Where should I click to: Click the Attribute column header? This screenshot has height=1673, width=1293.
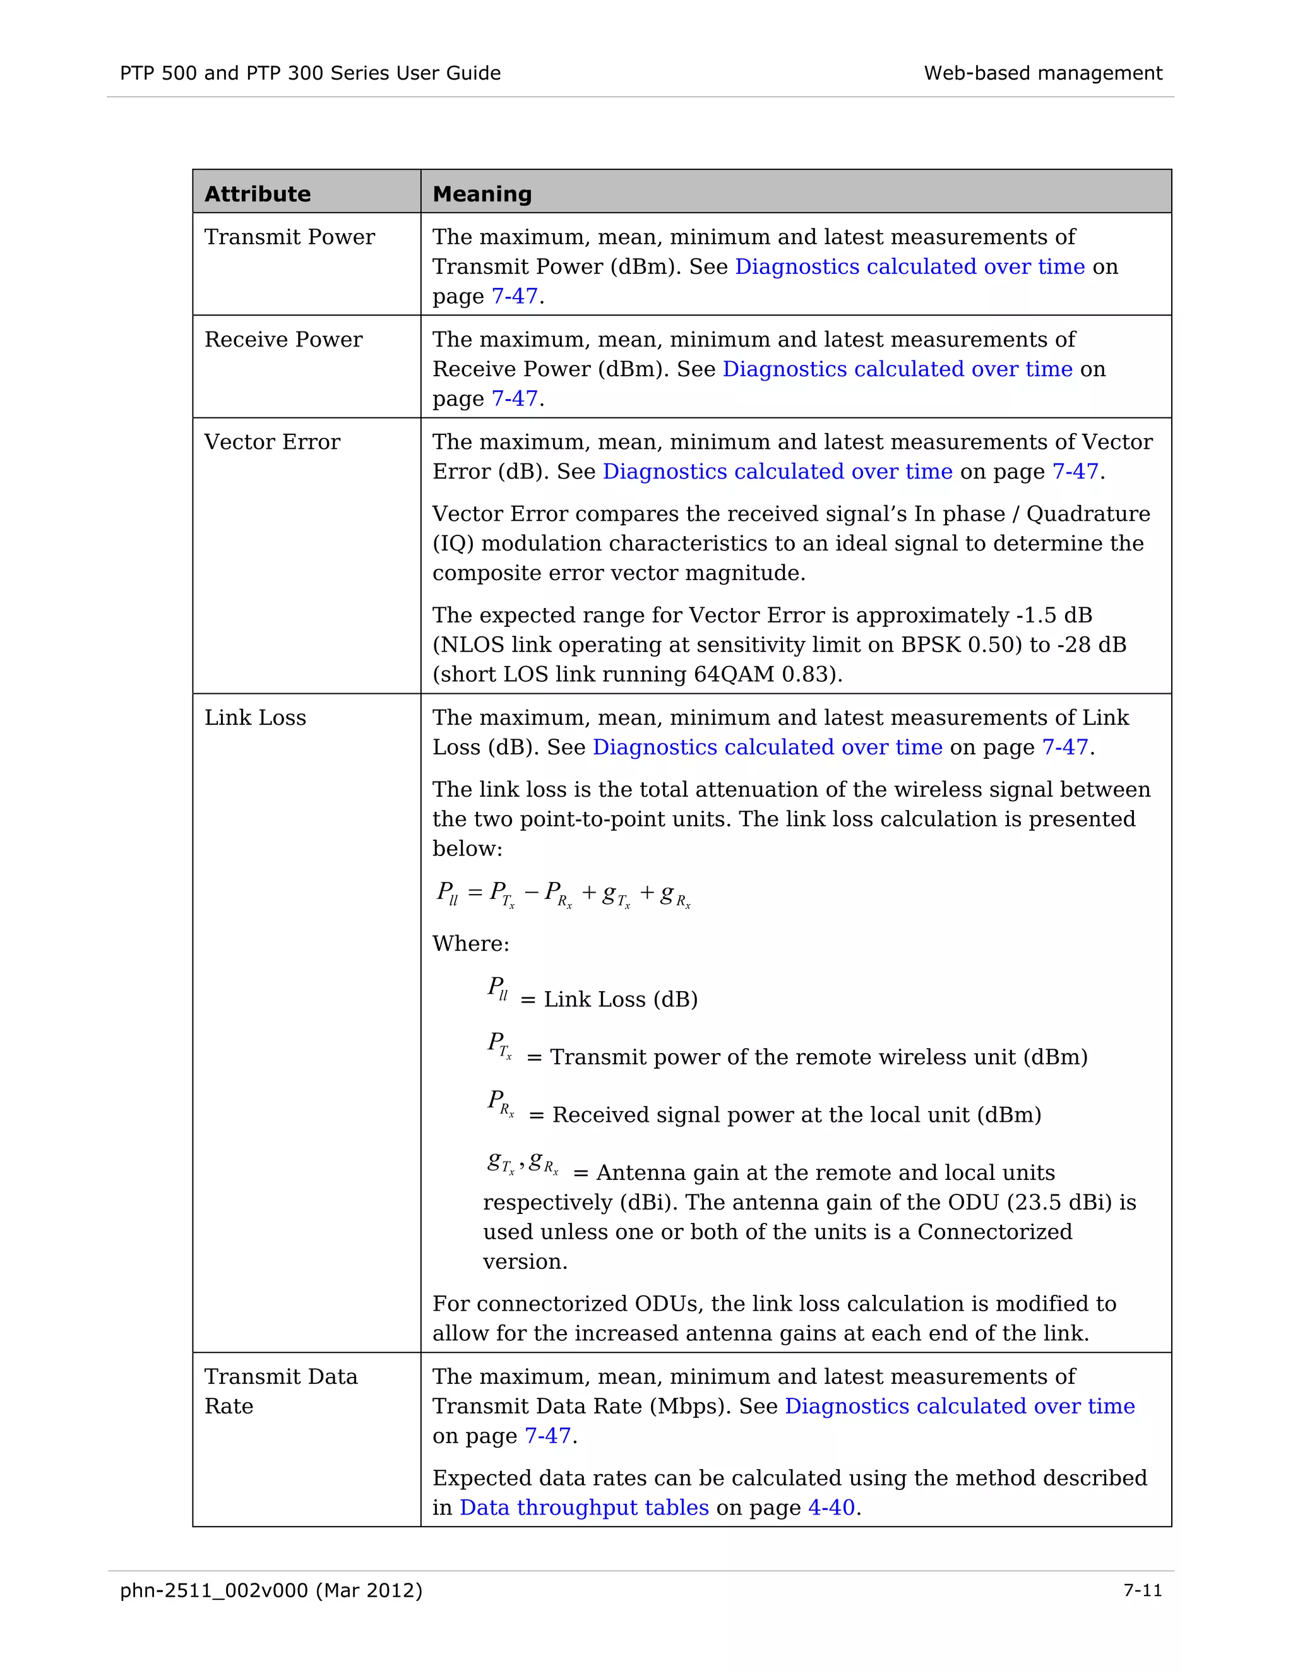(x=258, y=194)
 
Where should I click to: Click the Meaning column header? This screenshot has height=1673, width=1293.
(x=482, y=194)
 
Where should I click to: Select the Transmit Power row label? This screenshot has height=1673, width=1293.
(x=290, y=237)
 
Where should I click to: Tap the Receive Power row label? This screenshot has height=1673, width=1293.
(x=283, y=340)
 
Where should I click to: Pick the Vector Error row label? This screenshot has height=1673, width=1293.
(x=272, y=442)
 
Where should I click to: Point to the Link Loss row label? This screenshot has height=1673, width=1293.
(x=255, y=718)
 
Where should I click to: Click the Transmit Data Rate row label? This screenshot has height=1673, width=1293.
(x=280, y=1391)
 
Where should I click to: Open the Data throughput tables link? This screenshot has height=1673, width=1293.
(x=584, y=1508)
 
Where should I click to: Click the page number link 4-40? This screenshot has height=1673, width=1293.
(x=831, y=1508)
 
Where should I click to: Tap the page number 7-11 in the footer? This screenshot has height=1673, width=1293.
(x=1142, y=1591)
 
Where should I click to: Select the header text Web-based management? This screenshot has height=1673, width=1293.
(x=1042, y=73)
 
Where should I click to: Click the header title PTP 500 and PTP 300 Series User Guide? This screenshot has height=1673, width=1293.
(x=310, y=73)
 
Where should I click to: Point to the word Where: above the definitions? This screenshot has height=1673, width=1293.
(x=470, y=944)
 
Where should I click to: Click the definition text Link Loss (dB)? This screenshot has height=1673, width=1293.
(x=621, y=999)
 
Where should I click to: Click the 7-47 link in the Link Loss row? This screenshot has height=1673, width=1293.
(x=1064, y=747)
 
